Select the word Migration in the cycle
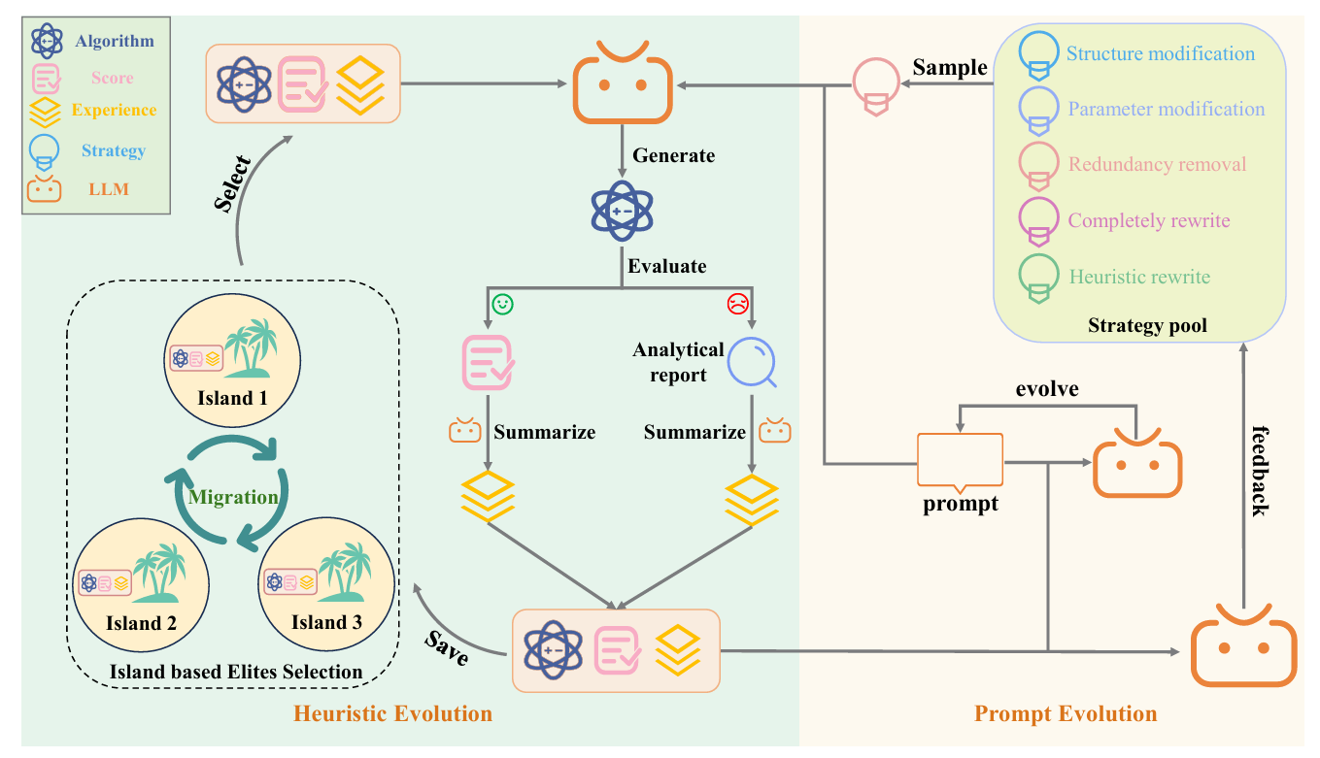tap(234, 497)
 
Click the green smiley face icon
tap(502, 304)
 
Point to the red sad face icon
tap(737, 304)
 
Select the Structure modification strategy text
tap(1161, 54)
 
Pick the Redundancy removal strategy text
tap(1157, 164)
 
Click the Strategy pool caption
tap(1147, 325)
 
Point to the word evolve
tap(1047, 388)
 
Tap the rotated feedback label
tap(1258, 470)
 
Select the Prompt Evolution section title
tap(1066, 714)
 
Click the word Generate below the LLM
tap(673, 155)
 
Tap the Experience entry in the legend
tap(113, 110)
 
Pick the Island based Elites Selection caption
tap(236, 671)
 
